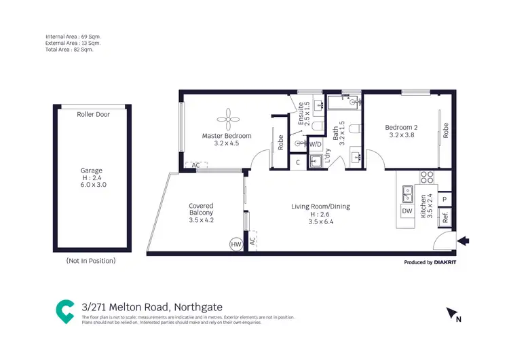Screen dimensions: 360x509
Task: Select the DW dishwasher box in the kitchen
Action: click(x=407, y=211)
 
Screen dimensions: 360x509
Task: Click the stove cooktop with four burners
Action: click(x=427, y=178)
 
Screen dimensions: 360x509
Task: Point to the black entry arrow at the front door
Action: click(x=464, y=240)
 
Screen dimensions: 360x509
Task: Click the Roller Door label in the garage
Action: click(x=93, y=114)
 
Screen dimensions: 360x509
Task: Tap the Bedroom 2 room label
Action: click(x=400, y=131)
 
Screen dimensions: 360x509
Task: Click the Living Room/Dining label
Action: click(x=320, y=206)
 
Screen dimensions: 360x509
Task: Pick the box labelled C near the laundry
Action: click(x=297, y=162)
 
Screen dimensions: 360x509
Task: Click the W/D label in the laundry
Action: click(x=315, y=145)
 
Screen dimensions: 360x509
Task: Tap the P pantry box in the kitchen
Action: click(x=445, y=200)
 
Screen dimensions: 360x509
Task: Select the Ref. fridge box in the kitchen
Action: click(x=445, y=218)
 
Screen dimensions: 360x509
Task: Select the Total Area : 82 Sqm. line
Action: click(x=69, y=50)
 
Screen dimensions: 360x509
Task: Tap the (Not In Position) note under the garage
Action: click(x=90, y=261)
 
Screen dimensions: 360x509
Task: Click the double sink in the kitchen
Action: click(x=407, y=195)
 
